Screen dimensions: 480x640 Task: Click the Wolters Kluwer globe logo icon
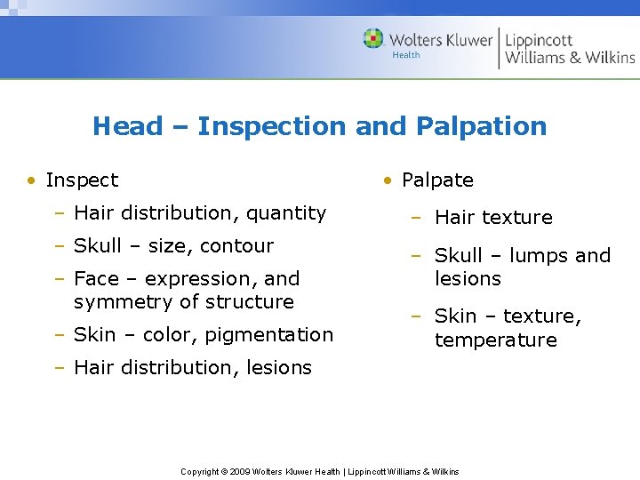(373, 39)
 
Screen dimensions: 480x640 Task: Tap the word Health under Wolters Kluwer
(406, 55)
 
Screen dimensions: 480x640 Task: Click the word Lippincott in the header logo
(539, 40)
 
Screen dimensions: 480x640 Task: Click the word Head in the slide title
(128, 126)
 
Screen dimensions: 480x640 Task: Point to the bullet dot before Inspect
(31, 180)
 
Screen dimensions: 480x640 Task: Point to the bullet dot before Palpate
(388, 180)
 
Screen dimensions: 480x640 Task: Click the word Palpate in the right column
(437, 180)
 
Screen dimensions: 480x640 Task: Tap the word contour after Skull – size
(237, 246)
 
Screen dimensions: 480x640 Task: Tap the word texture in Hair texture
(518, 218)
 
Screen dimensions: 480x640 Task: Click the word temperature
(495, 340)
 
